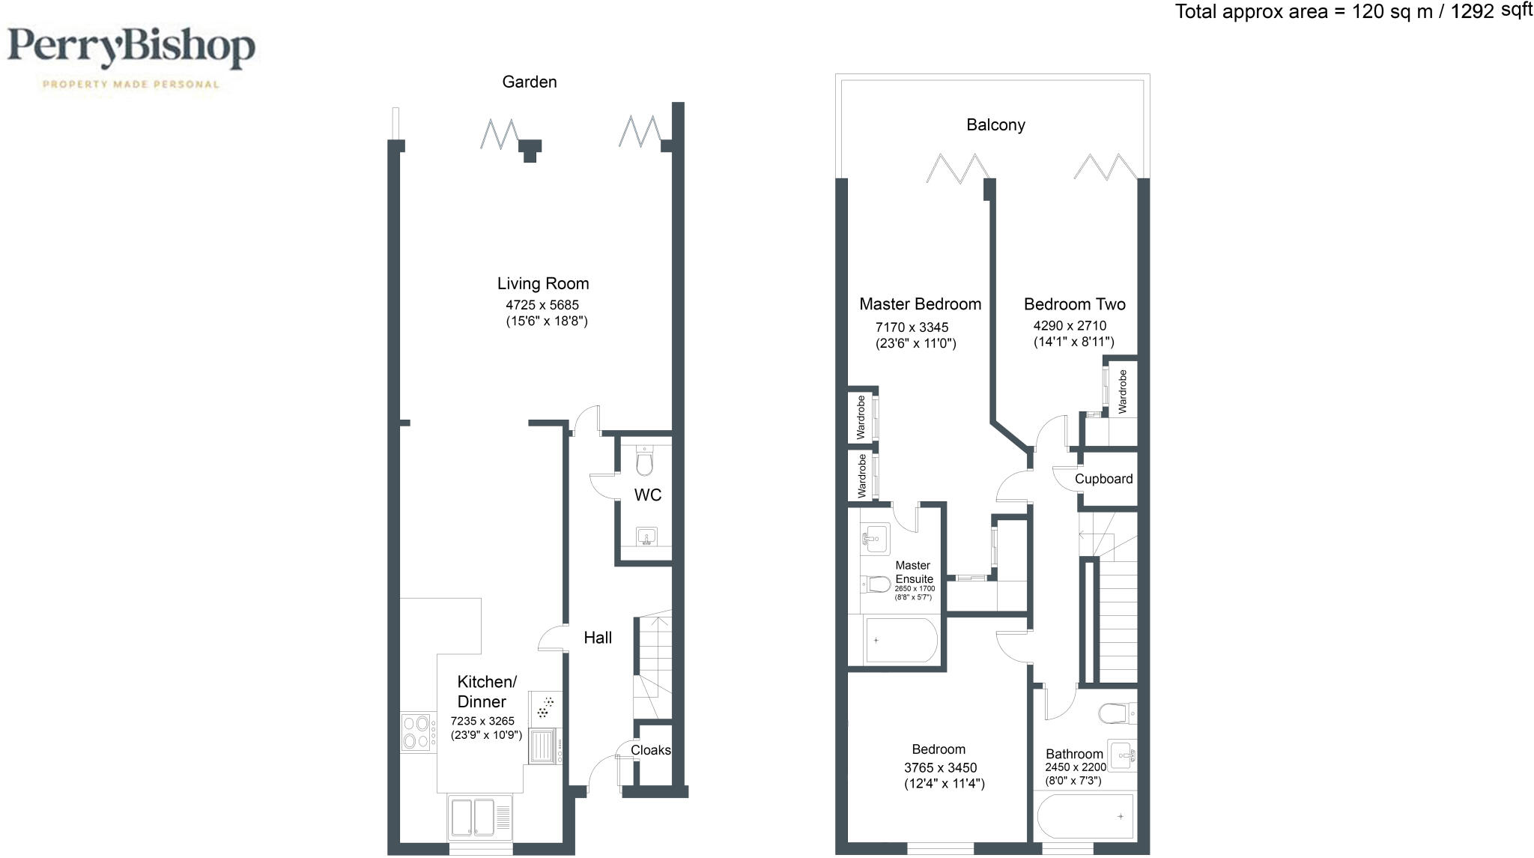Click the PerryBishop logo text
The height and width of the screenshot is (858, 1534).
[131, 49]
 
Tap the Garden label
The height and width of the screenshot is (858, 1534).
[529, 82]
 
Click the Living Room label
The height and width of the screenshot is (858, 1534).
[543, 283]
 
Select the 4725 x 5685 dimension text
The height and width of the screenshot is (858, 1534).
[542, 305]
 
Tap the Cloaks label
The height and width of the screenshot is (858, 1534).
[650, 750]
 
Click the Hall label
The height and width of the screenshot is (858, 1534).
[598, 638]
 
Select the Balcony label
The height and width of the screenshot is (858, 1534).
[995, 125]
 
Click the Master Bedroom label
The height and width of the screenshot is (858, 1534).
[920, 304]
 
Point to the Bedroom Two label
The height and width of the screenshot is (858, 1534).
[1074, 304]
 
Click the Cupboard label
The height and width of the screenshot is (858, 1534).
[1103, 479]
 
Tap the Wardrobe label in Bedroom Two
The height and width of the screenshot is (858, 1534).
[1122, 391]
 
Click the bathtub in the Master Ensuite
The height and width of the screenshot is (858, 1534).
[900, 641]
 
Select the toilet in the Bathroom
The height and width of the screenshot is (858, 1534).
[1116, 713]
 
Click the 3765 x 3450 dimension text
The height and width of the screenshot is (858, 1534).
[940, 767]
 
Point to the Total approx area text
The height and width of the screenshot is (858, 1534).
[1353, 11]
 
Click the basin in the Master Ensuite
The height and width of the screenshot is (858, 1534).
[874, 538]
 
